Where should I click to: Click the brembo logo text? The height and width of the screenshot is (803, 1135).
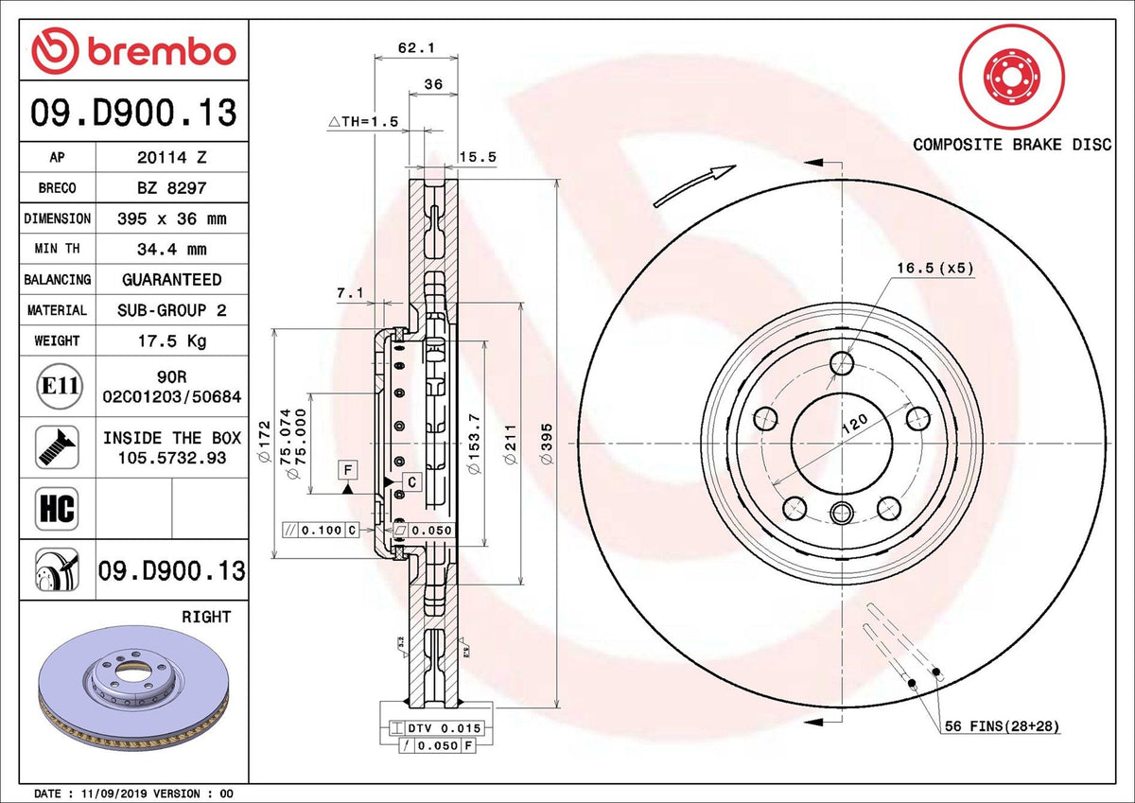pos(162,52)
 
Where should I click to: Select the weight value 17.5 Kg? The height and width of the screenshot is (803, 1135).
pos(172,340)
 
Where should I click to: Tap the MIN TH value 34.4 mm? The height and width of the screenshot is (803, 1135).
pos(172,250)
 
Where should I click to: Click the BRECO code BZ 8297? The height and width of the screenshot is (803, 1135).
pos(172,188)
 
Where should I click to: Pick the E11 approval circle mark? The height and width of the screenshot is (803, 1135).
pos(60,387)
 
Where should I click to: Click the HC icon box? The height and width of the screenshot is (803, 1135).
pos(57,509)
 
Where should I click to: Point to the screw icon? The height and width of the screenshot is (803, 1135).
pos(57,447)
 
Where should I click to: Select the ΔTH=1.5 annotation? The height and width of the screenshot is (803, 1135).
pos(363,122)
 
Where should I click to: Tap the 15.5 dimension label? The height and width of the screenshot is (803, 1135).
pos(478,157)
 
